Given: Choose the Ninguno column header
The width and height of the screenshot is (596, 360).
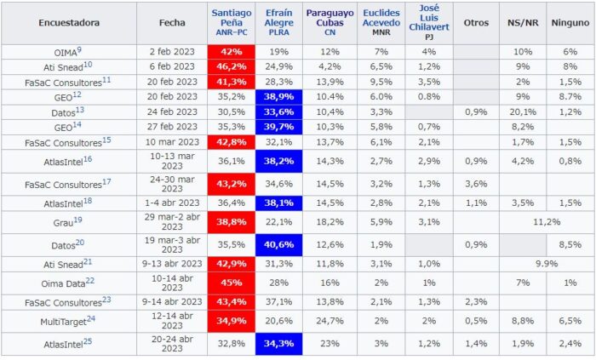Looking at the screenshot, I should pos(570,23).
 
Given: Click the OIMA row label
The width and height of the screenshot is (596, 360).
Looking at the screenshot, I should pos(65,52).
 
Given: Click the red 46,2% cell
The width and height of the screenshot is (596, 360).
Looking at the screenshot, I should pos(231,66).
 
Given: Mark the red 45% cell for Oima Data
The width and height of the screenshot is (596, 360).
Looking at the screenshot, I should pos(231,283).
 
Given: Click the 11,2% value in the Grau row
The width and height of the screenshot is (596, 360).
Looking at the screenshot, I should pos(546,221).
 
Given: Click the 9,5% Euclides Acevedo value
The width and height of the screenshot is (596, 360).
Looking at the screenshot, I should pos(381,81).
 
